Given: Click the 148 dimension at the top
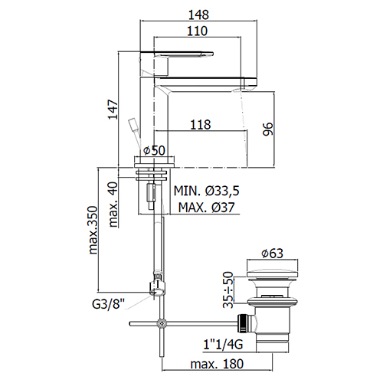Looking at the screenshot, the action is [x=198, y=15].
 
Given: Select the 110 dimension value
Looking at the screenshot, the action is [x=197, y=31].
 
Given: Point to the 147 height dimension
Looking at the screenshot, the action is [x=113, y=110].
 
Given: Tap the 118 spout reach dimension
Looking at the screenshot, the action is [x=201, y=125].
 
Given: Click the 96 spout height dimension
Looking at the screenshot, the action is [x=268, y=129].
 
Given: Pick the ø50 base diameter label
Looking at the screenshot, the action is [x=154, y=150].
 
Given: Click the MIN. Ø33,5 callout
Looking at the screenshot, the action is [x=207, y=191].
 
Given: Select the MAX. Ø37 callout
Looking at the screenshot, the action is [x=206, y=208].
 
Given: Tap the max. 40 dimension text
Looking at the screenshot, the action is [x=113, y=205].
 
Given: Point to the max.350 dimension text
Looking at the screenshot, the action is [x=93, y=230].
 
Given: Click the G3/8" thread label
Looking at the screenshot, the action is [x=108, y=304].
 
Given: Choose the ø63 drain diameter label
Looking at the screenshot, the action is [x=272, y=254].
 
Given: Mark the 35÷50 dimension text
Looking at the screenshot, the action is [x=228, y=290].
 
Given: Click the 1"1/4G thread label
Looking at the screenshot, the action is [x=223, y=345].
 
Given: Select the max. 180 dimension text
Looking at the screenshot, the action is [x=217, y=364].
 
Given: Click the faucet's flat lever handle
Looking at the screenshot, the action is [x=176, y=54].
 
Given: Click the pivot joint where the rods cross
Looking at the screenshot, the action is [x=162, y=324].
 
